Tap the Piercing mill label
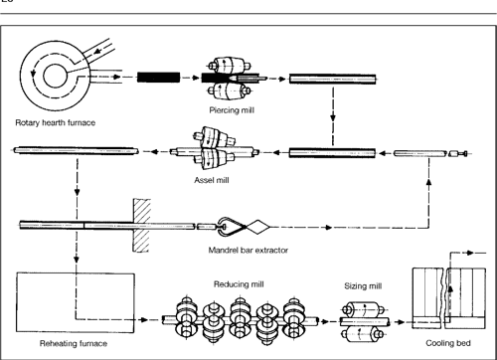228,110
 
